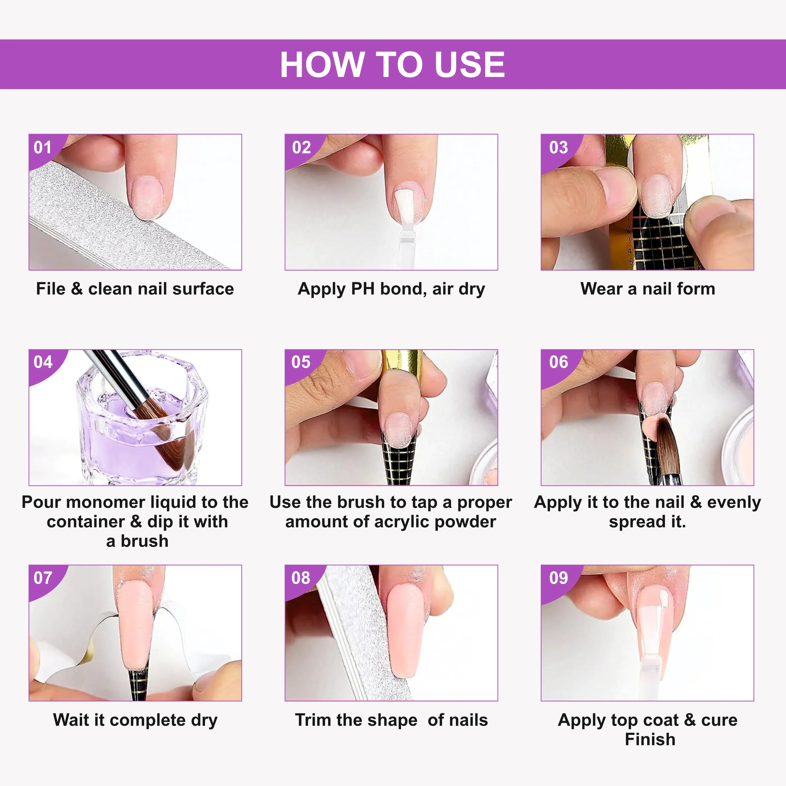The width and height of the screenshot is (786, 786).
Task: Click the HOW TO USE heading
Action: coord(393,64)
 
